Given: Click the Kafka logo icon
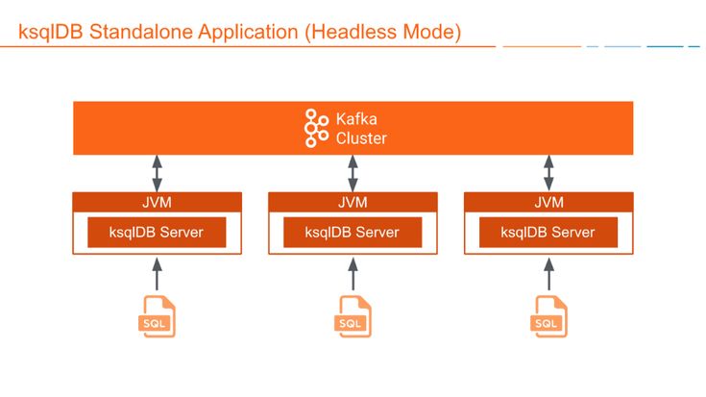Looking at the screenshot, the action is tap(316, 128).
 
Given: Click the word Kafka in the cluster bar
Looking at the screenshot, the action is tap(356, 119).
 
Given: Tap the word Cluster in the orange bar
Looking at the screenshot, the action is tap(361, 138).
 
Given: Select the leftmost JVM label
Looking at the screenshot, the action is tap(157, 202).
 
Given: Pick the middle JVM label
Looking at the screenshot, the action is tap(353, 202).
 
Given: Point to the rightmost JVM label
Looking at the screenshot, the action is tap(548, 202).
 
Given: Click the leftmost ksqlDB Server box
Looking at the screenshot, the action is tap(157, 232).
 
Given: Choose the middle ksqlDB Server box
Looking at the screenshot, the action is tap(353, 232).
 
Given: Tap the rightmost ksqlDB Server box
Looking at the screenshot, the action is tap(548, 232).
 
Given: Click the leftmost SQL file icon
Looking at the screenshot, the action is tap(157, 316).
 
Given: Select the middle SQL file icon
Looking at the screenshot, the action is tap(353, 316).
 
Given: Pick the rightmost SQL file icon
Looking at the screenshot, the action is tap(548, 316).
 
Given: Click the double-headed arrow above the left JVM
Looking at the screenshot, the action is tap(157, 173).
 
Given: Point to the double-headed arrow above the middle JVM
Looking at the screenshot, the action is tap(353, 173).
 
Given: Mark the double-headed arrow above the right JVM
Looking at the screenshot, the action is tap(548, 173).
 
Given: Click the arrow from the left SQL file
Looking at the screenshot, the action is tap(157, 274).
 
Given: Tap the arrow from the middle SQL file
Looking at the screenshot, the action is tap(353, 274).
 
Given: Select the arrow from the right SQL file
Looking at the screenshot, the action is tap(548, 274).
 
